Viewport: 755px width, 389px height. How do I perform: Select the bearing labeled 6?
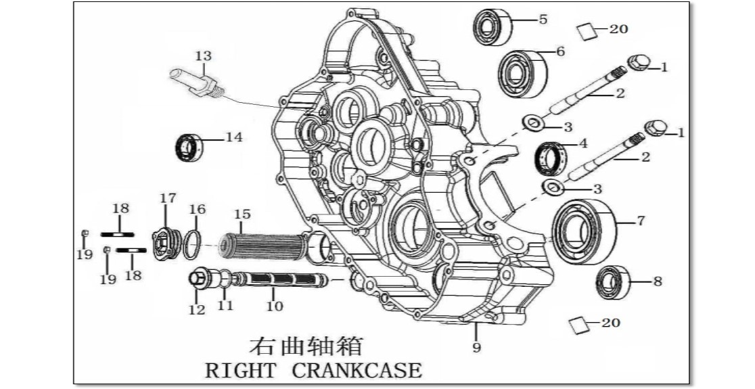click(x=522, y=74)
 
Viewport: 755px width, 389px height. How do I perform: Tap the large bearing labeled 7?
click(x=584, y=232)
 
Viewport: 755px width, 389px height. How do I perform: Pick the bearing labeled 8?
click(x=613, y=282)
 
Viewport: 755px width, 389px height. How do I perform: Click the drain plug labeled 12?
click(x=200, y=279)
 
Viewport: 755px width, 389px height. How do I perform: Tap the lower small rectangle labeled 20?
click(x=579, y=325)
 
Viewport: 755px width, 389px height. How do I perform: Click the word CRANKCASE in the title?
click(x=357, y=370)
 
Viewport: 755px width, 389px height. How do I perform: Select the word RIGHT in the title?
click(x=241, y=371)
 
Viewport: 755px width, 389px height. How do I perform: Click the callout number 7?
click(x=641, y=221)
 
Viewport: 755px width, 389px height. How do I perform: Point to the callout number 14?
click(x=234, y=137)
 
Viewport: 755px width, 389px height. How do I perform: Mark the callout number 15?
click(x=243, y=214)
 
